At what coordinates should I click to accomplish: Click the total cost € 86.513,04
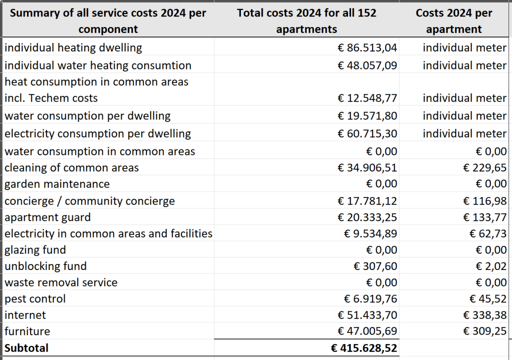tap(367, 47)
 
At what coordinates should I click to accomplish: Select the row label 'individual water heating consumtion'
tap(98, 65)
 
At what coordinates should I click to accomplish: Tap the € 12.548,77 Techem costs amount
tap(367, 98)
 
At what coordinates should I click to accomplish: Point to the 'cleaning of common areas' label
tap(71, 167)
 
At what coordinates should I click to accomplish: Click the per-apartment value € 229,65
tap(485, 167)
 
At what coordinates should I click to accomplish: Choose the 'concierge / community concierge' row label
tap(89, 201)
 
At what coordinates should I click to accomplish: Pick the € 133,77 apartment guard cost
tap(485, 217)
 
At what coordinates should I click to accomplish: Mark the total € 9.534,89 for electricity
tap(370, 233)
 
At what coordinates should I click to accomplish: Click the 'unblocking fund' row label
tap(45, 266)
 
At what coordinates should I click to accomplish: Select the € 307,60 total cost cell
tap(375, 266)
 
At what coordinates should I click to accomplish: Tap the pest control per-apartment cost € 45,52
tap(488, 299)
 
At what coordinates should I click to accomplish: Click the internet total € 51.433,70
tap(367, 315)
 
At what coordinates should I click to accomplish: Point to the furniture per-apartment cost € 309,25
tap(485, 331)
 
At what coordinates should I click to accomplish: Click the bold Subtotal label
tap(26, 348)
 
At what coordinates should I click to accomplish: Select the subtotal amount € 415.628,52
tap(364, 348)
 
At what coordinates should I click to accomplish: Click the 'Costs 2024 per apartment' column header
tap(454, 21)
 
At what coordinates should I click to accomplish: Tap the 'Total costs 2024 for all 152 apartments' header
tap(306, 21)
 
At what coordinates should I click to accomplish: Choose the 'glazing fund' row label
tap(35, 250)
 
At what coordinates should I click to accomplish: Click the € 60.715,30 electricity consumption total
tap(367, 133)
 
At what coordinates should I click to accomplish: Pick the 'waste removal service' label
tap(61, 282)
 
